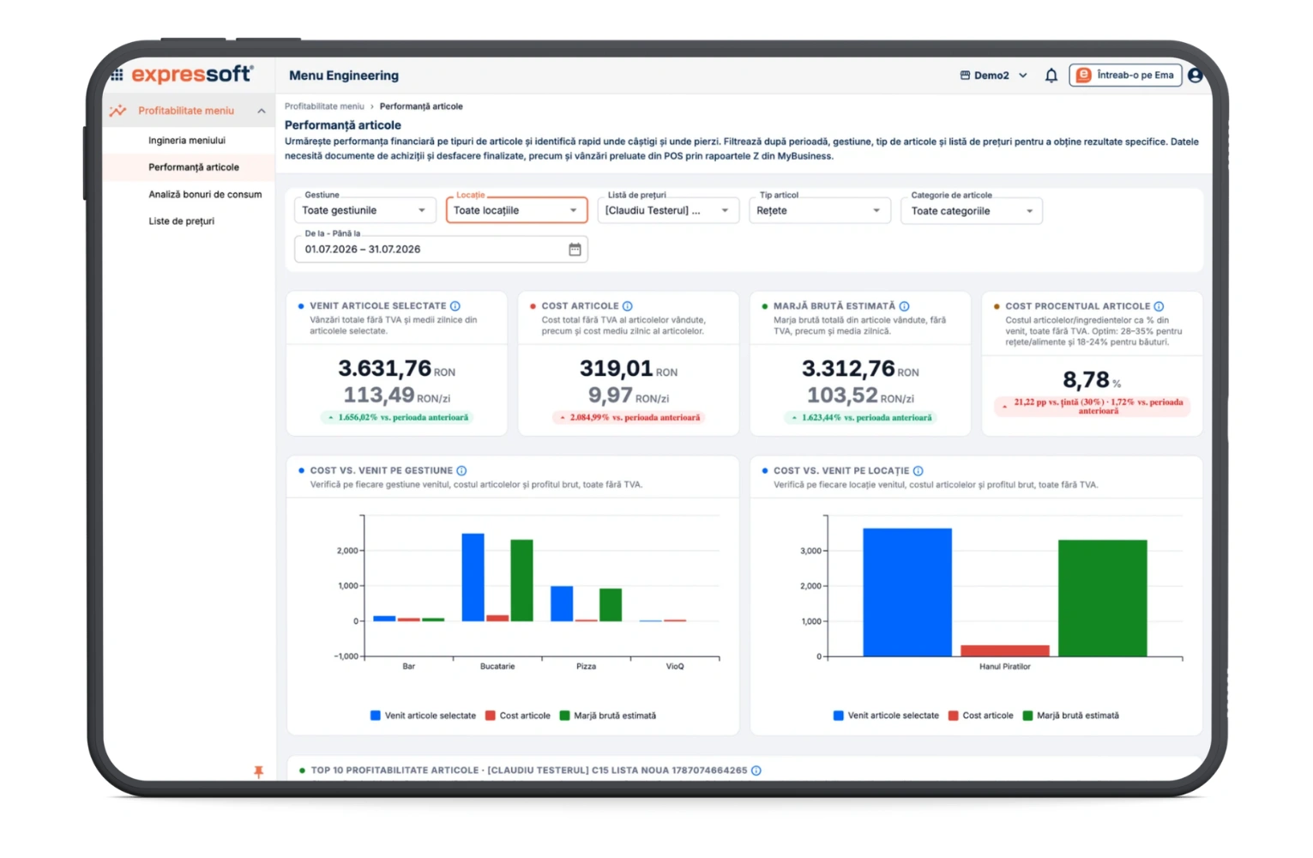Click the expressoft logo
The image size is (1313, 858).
point(192,75)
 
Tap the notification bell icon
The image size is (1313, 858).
point(1051,76)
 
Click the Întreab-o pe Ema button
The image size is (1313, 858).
point(1125,75)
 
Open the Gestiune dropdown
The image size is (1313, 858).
point(364,210)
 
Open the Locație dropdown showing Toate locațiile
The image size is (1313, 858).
point(516,210)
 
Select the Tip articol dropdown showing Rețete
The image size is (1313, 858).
point(819,210)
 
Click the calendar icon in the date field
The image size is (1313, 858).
point(575,249)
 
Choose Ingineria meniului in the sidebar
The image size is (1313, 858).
point(187,140)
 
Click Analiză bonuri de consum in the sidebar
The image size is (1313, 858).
point(205,194)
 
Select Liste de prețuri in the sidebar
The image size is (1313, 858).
point(181,221)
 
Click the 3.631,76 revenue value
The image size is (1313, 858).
point(384,368)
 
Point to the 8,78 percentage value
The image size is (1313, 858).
point(1086,379)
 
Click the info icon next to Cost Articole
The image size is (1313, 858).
point(627,306)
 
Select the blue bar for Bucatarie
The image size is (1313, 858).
point(473,577)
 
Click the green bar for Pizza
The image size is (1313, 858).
point(611,605)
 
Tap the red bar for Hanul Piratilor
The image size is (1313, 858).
point(1004,650)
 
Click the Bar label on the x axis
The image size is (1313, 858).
point(408,666)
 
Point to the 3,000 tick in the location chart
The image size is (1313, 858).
point(810,551)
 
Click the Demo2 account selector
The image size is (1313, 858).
point(994,75)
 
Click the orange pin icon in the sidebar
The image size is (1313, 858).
point(258,771)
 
